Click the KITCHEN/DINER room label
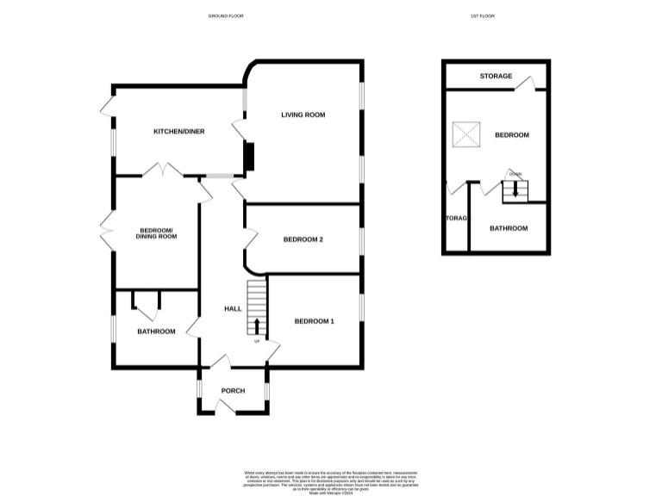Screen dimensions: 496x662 (x=178, y=131)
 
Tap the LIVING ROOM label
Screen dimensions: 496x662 (x=303, y=115)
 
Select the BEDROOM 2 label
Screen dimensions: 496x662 (x=303, y=239)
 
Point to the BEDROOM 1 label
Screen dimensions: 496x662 (x=314, y=321)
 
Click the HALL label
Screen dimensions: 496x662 (x=233, y=309)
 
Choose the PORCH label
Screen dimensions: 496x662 (x=233, y=391)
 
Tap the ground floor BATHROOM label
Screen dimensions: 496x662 (x=156, y=332)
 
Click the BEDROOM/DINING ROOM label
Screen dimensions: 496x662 (x=156, y=232)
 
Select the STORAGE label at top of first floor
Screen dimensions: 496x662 (x=496, y=77)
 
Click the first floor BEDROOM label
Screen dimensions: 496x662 (x=511, y=135)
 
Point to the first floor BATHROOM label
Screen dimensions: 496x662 (x=509, y=228)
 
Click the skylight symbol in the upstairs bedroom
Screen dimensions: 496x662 (x=467, y=134)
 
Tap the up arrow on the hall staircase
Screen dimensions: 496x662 (x=256, y=326)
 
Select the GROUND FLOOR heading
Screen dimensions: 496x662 (x=223, y=16)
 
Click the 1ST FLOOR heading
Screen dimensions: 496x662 (x=483, y=16)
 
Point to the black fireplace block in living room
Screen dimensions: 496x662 (x=249, y=157)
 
